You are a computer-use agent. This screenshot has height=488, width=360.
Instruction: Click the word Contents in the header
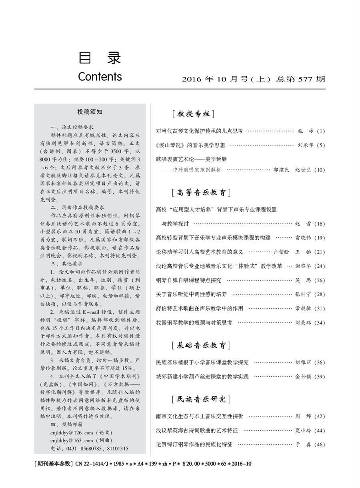(100, 76)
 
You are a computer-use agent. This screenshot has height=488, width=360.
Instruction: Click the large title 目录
(100, 58)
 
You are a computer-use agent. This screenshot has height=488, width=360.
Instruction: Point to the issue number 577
(304, 79)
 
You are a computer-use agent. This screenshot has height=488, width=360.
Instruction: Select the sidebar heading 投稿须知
(90, 112)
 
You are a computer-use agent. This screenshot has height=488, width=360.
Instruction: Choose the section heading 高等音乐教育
(201, 193)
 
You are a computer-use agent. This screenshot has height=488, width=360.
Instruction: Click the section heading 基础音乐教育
(201, 345)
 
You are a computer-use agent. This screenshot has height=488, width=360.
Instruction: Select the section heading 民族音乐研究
(201, 399)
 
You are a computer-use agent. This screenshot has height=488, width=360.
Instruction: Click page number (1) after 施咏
(321, 131)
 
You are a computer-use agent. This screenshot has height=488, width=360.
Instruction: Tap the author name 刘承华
(306, 145)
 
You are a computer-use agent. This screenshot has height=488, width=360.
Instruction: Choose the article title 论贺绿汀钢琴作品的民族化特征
(194, 444)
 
